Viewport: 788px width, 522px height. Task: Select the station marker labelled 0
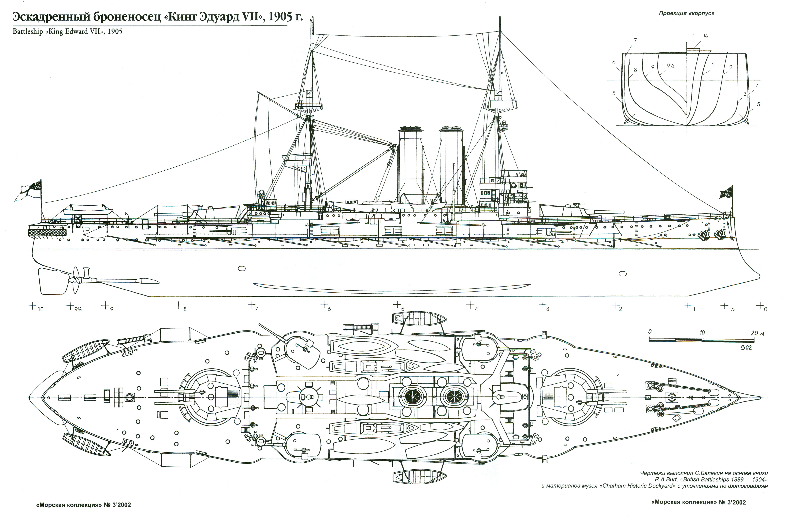point(760,305)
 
